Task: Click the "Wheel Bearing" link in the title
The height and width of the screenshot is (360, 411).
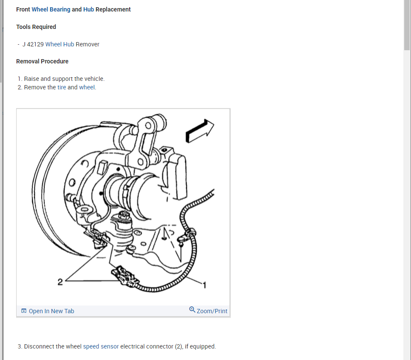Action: tap(51, 9)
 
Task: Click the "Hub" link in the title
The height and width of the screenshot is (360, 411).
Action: tap(88, 9)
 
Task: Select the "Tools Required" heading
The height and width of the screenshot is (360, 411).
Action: tap(36, 27)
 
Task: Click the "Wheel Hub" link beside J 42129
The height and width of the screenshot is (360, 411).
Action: tap(60, 44)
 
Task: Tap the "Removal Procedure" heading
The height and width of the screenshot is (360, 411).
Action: tap(42, 61)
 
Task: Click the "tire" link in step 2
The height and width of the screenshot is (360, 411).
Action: tap(62, 87)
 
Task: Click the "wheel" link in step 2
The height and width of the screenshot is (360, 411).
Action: tap(87, 87)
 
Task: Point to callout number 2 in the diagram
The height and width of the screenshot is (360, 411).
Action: tap(60, 281)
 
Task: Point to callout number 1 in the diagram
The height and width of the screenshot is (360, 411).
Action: tap(204, 285)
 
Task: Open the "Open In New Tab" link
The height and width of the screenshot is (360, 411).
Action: tap(51, 311)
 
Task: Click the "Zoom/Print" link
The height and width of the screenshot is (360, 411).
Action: tap(212, 311)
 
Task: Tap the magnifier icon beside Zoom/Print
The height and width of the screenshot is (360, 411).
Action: tap(192, 310)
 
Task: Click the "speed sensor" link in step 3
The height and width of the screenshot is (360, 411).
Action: tap(101, 346)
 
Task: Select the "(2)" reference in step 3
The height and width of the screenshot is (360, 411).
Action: tap(179, 346)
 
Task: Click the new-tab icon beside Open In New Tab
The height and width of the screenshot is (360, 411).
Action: tap(24, 311)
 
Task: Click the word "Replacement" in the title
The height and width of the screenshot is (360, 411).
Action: tap(113, 9)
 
